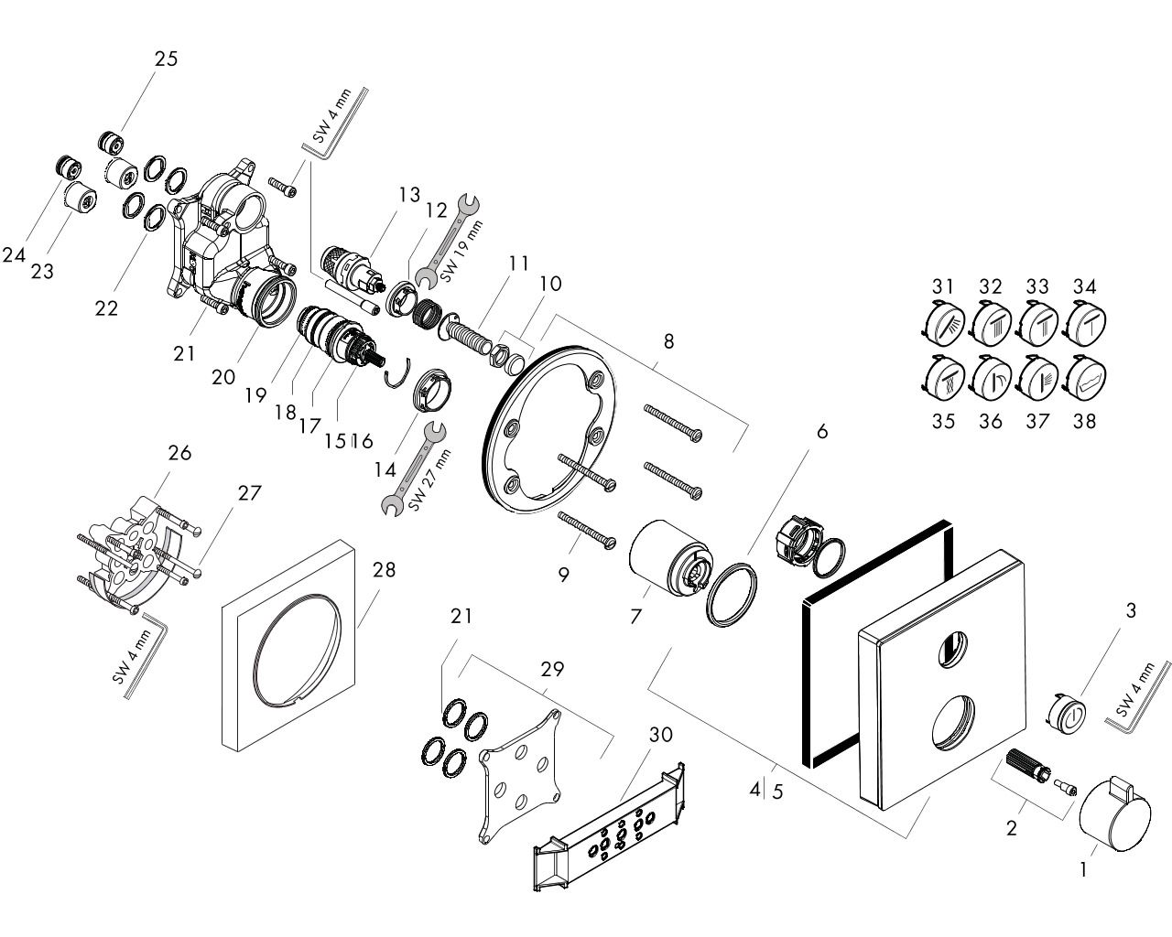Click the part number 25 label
(166, 59)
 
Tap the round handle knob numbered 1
(1111, 818)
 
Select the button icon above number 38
(1085, 380)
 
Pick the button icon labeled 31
(941, 325)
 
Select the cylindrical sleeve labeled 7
(670, 558)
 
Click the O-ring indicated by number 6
(732, 596)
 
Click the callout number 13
(408, 194)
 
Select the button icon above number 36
(989, 377)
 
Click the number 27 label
(249, 493)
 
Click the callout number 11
(519, 263)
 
